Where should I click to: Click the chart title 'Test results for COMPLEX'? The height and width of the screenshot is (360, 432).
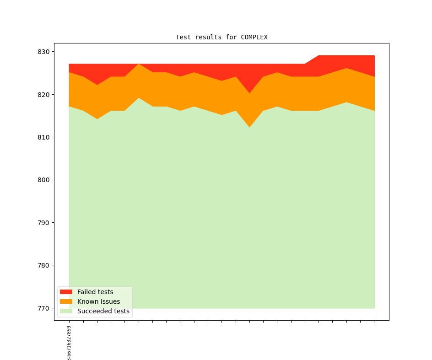tap(221, 37)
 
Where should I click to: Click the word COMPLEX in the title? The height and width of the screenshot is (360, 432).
tap(254, 37)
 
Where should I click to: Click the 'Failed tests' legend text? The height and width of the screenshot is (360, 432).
tap(95, 292)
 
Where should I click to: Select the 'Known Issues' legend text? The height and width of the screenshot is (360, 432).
tap(98, 301)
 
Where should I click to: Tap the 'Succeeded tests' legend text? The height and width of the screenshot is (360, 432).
tap(103, 311)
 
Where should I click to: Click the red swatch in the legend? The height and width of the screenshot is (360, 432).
tap(66, 292)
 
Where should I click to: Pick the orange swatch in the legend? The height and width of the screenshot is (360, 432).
tap(66, 301)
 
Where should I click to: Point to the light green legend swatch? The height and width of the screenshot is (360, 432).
tap(66, 311)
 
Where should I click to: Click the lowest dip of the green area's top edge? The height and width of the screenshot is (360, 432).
tap(249, 127)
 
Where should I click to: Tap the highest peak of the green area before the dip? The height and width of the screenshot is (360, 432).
tap(139, 98)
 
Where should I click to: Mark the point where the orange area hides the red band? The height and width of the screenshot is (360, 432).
tap(139, 64)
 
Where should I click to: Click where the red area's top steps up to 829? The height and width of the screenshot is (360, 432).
tap(319, 56)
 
